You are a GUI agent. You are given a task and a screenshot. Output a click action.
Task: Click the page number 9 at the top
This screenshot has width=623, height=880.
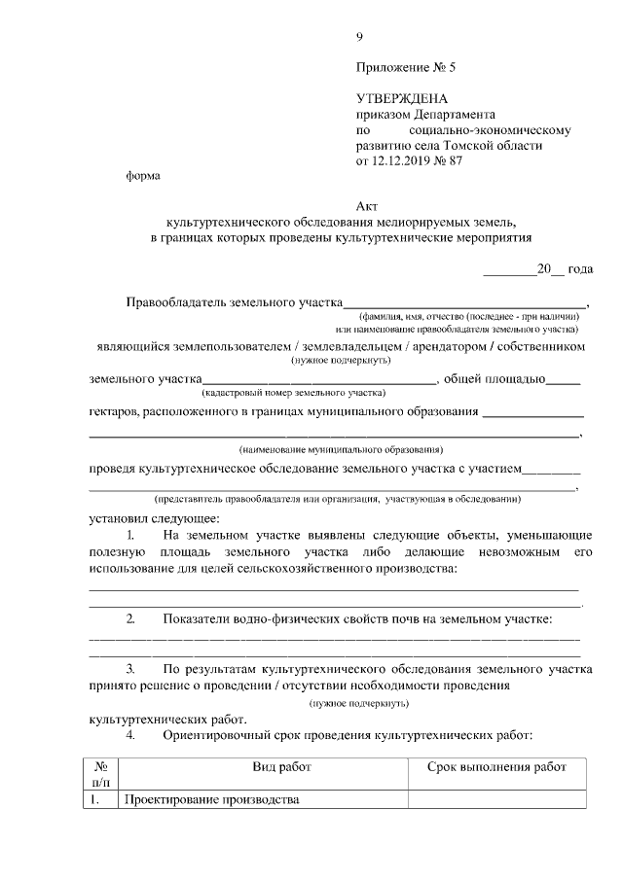[359, 37]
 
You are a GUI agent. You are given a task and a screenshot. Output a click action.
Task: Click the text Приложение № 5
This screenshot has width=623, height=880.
[406, 68]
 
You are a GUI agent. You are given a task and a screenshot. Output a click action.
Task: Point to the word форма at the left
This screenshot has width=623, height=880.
[143, 176]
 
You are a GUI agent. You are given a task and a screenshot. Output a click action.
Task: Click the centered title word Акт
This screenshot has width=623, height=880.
[366, 206]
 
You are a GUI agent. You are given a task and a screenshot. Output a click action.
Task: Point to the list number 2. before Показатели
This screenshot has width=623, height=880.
[131, 618]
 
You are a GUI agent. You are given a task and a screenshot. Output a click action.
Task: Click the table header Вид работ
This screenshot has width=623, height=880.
[282, 767]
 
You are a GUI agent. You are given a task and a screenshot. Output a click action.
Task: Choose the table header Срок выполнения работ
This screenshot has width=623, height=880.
[496, 767]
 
